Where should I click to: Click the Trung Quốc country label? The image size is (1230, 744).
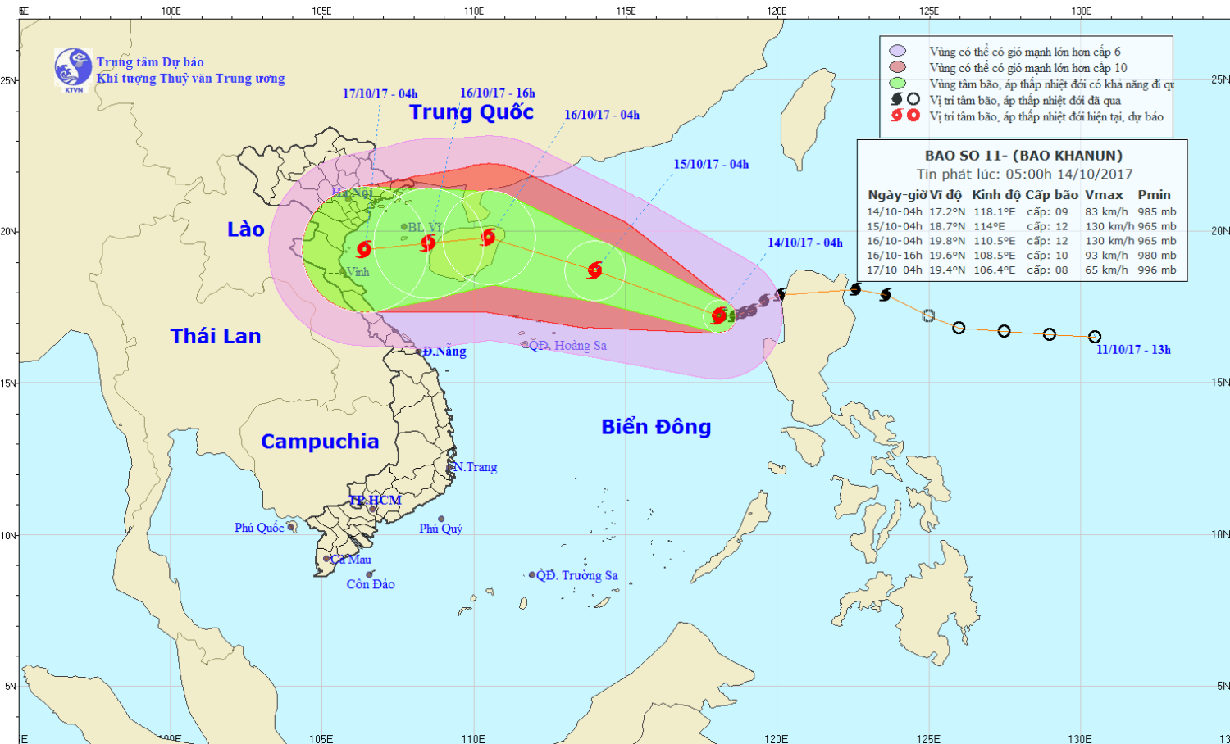tap(471, 112)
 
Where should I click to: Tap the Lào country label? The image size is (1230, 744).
tap(246, 229)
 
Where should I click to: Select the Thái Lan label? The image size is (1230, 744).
tap(216, 336)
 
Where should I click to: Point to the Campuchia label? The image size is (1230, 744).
tap(320, 442)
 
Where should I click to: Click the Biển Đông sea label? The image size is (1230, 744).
tap(656, 427)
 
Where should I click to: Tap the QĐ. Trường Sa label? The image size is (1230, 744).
tap(576, 575)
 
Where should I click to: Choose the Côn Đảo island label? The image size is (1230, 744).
tap(371, 584)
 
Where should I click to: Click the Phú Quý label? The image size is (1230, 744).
tap(441, 529)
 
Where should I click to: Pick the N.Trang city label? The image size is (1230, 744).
tap(476, 467)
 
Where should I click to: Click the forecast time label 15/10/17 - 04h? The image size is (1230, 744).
tap(711, 164)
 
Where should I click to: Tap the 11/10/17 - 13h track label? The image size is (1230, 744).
tap(1133, 350)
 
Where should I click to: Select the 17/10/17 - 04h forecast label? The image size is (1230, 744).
tap(380, 93)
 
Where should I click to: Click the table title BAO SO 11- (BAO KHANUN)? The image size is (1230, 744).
tap(1023, 156)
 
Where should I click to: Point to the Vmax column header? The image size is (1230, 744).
tap(1104, 195)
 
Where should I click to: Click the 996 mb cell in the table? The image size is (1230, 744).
tap(1156, 270)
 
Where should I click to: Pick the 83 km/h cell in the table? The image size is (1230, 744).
tap(1106, 211)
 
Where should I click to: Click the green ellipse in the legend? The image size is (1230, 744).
tap(897, 84)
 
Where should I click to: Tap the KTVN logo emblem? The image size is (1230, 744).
tap(73, 68)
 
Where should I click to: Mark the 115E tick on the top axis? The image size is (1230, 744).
tap(626, 11)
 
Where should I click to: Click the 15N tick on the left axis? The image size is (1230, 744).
tap(9, 383)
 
